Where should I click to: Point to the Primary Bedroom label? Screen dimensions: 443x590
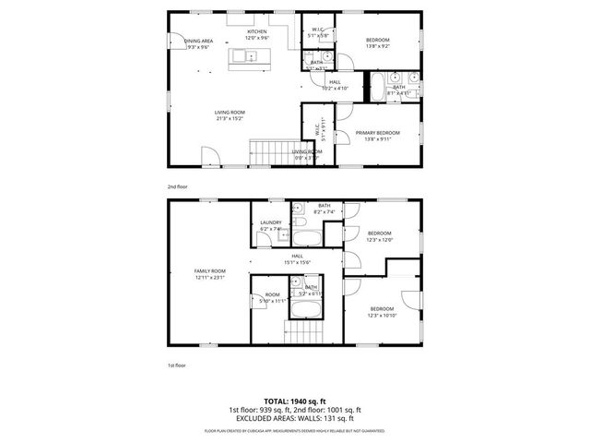[377, 136]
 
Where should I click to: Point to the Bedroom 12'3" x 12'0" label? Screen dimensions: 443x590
[380, 236]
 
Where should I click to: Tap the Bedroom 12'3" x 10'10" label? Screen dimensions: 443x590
[382, 312]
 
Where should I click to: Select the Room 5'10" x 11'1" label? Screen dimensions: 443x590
[272, 297]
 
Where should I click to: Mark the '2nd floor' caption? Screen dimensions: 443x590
[178, 187]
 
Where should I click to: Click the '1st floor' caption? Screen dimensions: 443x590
[178, 366]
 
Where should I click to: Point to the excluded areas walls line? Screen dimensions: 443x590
[295, 418]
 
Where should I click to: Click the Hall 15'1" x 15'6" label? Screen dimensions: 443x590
[298, 259]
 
